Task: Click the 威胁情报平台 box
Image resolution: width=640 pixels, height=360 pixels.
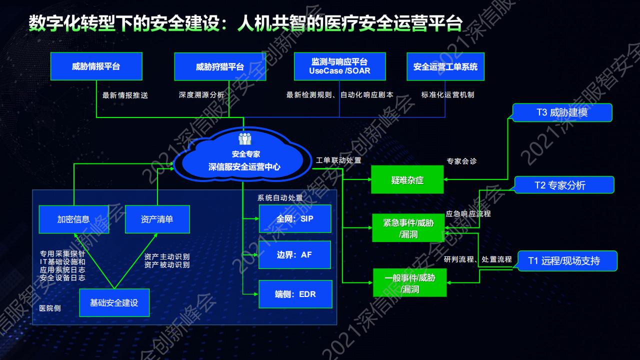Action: pos(96,66)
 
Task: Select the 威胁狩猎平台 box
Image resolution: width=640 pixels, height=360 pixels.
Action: pos(220,66)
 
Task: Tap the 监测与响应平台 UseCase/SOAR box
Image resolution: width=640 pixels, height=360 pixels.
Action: pos(340,66)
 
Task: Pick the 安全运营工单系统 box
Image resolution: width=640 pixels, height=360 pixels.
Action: pos(445,66)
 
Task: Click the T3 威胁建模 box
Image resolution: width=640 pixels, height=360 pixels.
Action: pos(562,112)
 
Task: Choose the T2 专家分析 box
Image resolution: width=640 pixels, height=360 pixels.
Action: pos(564,185)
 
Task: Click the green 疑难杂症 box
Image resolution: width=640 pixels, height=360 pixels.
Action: pos(407,180)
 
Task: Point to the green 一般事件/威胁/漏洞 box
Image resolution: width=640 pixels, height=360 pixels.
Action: pos(409,283)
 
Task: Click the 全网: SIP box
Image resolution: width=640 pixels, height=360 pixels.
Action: pos(295,218)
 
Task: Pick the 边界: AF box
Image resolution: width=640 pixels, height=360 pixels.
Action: pos(295,254)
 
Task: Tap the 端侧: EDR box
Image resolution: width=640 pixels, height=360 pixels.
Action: pos(295,294)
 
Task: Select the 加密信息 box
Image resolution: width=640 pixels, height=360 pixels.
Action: pos(73,219)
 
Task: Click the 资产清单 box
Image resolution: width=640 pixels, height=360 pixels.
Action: pos(157,219)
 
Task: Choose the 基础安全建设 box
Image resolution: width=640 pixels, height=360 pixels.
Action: pos(114,302)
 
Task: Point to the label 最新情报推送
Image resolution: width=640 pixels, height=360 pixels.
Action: pos(125,95)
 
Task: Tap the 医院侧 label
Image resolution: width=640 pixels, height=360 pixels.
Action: pos(50,308)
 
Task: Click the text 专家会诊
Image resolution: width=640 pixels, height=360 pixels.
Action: pos(461,161)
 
